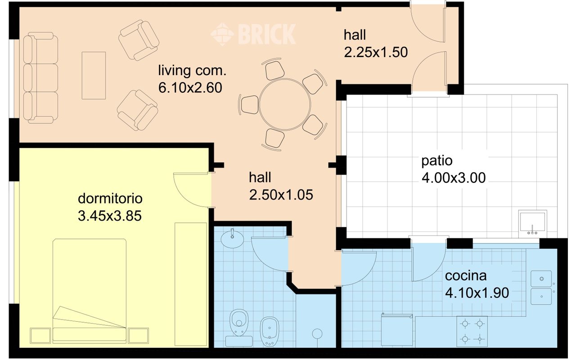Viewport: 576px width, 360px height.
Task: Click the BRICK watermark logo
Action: point(253,35)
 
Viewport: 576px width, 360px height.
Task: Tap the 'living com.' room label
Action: point(192,71)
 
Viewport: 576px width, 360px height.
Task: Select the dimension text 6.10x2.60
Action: point(190,88)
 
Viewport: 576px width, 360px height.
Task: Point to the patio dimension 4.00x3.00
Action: point(454,178)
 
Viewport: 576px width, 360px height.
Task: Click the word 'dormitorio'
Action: point(110,198)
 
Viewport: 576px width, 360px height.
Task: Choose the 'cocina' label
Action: point(466,276)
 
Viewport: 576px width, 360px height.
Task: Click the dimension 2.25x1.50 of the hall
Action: point(376,52)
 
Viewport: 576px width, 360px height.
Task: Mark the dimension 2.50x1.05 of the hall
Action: point(281,195)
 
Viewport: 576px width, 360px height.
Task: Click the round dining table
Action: point(285,104)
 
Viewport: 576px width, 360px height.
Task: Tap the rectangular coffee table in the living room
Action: point(94,75)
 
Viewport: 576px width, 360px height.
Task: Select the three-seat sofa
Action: point(40,78)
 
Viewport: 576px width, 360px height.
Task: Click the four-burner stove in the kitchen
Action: point(472,332)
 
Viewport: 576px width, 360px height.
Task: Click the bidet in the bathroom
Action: point(269,332)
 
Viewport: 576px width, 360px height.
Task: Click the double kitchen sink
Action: point(541,288)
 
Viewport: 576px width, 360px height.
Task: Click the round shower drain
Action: point(317,333)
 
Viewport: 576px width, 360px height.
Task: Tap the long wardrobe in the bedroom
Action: point(191,284)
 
